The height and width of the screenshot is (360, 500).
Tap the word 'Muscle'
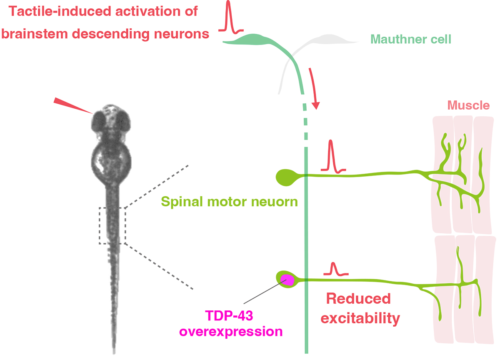pos(469,105)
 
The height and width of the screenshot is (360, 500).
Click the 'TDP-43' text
pos(229,318)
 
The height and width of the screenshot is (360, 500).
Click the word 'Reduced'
pos(358,298)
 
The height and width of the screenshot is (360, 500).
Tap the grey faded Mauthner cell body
pos(333,40)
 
